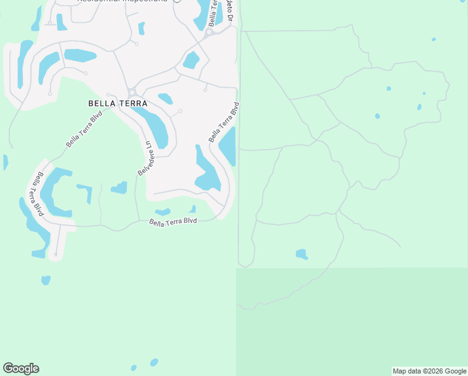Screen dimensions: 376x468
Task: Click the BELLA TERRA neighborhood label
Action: click(118, 103)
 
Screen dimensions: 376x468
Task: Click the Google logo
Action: click(21, 368)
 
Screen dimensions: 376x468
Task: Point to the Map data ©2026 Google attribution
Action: click(430, 371)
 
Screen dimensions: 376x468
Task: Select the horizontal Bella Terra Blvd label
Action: click(173, 222)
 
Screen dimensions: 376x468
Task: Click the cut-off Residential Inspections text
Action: click(123, 1)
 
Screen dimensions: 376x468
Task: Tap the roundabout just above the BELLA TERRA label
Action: click(131, 92)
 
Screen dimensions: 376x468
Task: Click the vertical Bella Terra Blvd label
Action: click(39, 194)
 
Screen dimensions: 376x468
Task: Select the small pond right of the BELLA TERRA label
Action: click(166, 98)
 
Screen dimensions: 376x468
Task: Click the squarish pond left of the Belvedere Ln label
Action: click(120, 187)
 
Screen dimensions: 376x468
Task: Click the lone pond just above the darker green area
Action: click(302, 254)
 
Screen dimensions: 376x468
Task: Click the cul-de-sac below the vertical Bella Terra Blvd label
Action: click(56, 254)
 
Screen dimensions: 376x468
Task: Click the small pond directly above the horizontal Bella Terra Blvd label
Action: click(163, 212)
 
